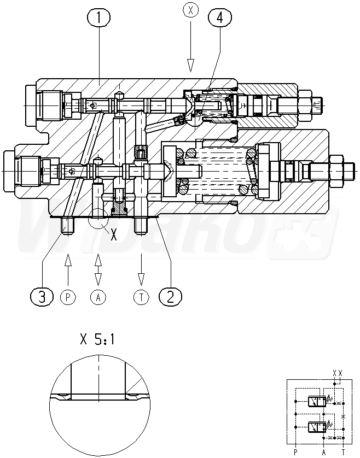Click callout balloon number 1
tap(98, 19)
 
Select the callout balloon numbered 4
tap(219, 18)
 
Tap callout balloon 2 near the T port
tap(170, 296)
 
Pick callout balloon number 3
tap(42, 296)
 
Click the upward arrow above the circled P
tap(68, 265)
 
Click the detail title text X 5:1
tap(97, 340)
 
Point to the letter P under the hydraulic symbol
tap(295, 451)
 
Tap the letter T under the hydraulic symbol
tap(343, 451)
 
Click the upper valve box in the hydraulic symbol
tap(314, 402)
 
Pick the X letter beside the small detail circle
tap(114, 236)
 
